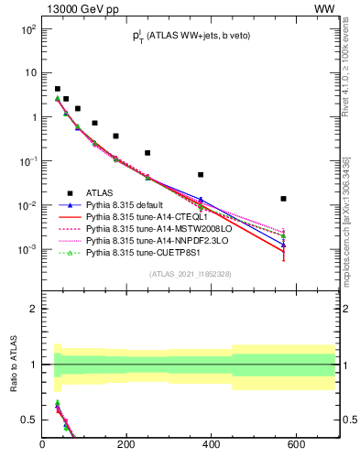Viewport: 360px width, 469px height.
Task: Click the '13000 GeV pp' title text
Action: click(80, 8)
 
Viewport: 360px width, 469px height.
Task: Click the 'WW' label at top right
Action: click(325, 8)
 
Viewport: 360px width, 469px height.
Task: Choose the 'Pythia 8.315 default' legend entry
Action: click(128, 206)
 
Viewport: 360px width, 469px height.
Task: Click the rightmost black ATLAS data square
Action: click(284, 199)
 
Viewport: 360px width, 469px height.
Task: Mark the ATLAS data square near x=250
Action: click(147, 153)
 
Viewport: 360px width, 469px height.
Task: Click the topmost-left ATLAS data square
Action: click(57, 89)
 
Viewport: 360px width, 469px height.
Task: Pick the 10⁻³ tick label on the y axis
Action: click(27, 249)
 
